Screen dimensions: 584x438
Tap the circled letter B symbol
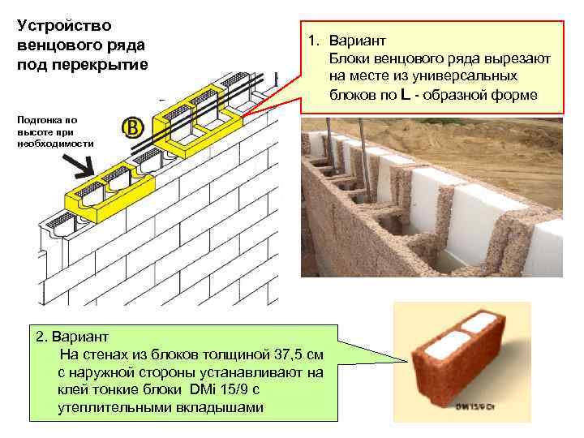tap(133, 128)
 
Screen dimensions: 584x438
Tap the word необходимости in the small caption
tap(55, 143)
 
